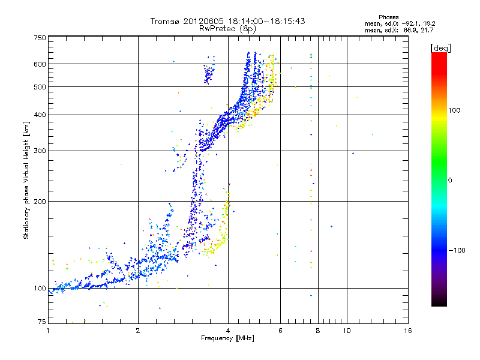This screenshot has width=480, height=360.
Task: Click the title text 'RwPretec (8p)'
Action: click(x=227, y=28)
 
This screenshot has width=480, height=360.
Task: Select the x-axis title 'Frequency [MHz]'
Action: click(x=228, y=339)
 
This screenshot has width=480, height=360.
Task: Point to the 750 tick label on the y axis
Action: click(x=40, y=38)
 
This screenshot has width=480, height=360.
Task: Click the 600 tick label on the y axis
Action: click(x=40, y=64)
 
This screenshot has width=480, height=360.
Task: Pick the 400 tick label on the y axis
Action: click(x=40, y=115)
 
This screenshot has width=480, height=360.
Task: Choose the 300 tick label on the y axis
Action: click(x=40, y=151)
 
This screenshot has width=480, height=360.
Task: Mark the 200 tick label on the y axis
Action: click(x=40, y=202)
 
